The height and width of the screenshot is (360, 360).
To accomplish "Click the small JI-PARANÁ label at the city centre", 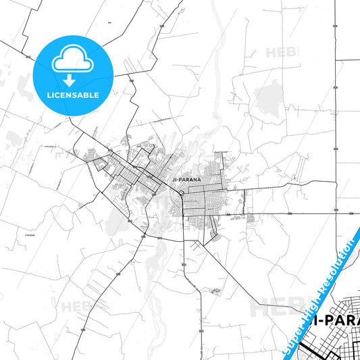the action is pos(185,180).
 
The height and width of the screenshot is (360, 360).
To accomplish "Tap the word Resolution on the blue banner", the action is pos(338,264).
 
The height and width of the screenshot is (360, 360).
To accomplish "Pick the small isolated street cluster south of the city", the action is pos(215,291).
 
